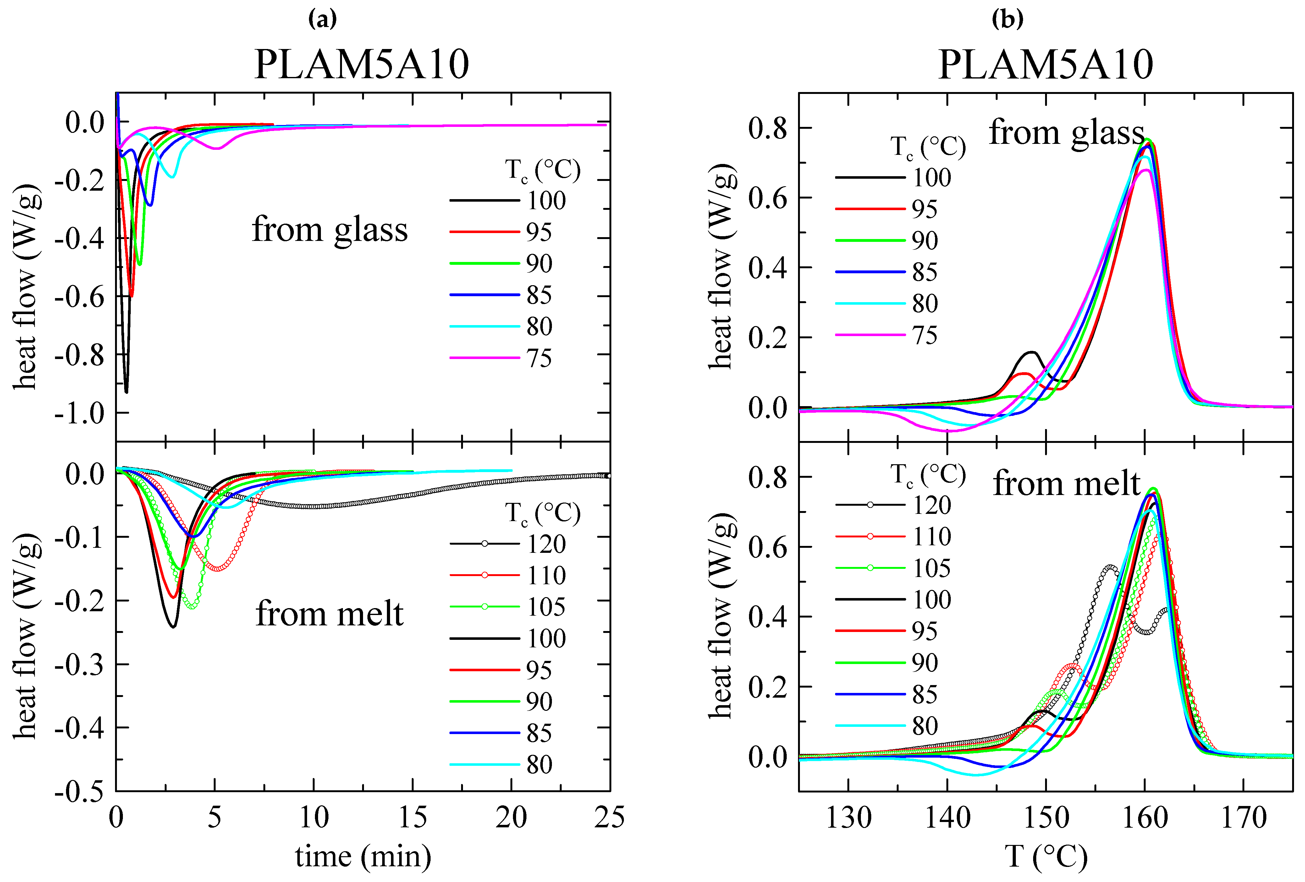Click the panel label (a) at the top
[x=323, y=20]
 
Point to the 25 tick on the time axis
[x=609, y=818]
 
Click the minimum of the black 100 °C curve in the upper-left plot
[x=126, y=392]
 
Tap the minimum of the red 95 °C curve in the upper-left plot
[x=131, y=296]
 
